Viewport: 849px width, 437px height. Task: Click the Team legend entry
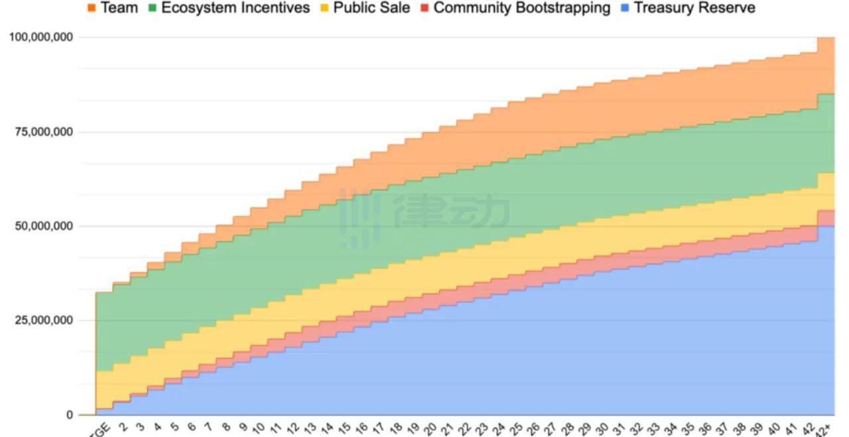pyautogui.click(x=119, y=8)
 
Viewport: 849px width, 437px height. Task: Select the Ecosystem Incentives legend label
pyautogui.click(x=235, y=8)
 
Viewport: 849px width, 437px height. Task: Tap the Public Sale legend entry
pyautogui.click(x=371, y=8)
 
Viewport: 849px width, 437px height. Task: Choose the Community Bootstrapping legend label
pyautogui.click(x=521, y=8)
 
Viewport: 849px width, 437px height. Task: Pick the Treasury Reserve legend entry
pyautogui.click(x=694, y=8)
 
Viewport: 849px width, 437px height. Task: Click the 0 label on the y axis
pyautogui.click(x=69, y=415)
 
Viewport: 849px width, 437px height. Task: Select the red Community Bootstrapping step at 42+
pyautogui.click(x=826, y=218)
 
